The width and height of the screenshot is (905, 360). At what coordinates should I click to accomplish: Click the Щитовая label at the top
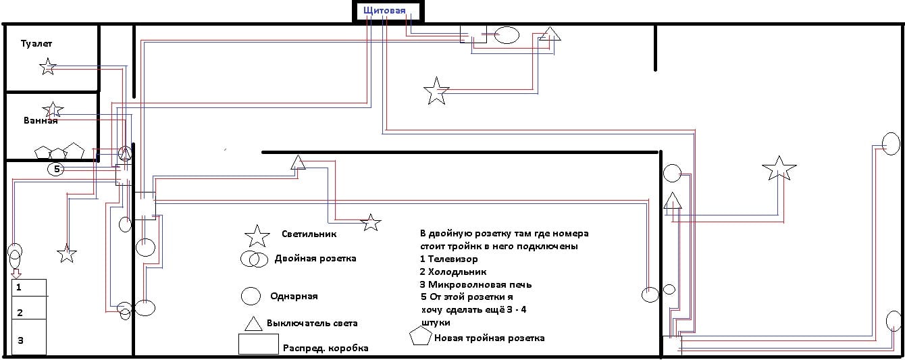(384, 11)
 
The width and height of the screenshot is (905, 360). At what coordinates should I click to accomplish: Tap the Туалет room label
(36, 43)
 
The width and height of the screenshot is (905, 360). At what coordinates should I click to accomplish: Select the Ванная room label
(41, 121)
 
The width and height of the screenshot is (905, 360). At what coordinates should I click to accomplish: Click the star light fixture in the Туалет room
(47, 66)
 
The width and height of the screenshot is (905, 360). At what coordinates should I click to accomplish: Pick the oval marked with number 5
(57, 169)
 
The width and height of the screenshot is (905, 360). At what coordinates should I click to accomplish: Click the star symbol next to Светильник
(257, 236)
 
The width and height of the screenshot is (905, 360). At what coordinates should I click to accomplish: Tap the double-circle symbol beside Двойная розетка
(253, 259)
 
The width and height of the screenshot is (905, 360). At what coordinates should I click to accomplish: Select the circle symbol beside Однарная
(251, 296)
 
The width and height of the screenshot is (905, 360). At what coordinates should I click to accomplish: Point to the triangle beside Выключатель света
(253, 324)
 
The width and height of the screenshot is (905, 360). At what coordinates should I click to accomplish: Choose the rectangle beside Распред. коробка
(258, 344)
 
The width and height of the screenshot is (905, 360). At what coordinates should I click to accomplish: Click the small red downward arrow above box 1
(16, 273)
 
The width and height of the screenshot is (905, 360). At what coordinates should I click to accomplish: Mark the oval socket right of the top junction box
(507, 35)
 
